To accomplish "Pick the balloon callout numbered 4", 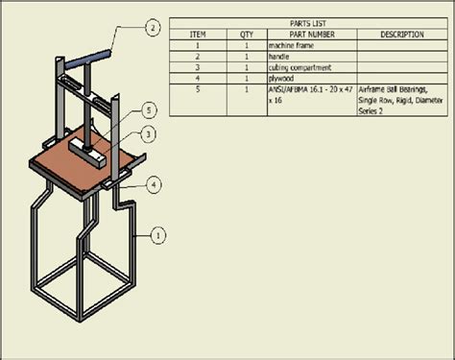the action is click(154, 181).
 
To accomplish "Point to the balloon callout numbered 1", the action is click(159, 232).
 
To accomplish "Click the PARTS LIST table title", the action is click(307, 23).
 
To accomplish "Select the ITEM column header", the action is click(200, 34).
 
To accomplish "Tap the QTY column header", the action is click(247, 34).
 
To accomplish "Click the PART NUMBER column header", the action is click(311, 34).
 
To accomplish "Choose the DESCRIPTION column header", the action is click(401, 34).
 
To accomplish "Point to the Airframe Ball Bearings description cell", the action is click(401, 100).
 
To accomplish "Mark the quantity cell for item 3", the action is click(247, 67).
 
